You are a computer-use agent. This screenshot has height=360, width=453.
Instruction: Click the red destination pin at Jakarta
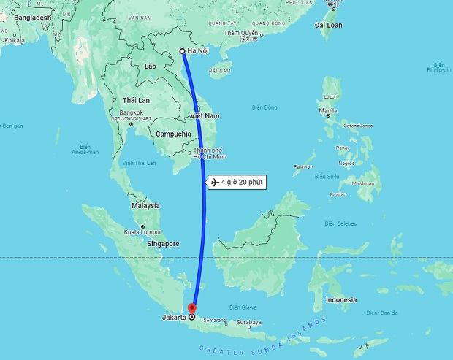tap(191, 308)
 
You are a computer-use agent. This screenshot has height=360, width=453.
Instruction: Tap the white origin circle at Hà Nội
tap(182, 51)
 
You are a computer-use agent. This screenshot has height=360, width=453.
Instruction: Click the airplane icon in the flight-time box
tap(214, 183)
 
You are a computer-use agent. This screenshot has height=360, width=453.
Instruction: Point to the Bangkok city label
tap(132, 112)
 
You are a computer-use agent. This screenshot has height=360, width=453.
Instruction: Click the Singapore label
tap(162, 244)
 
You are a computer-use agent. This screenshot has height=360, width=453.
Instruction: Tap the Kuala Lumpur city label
tap(142, 232)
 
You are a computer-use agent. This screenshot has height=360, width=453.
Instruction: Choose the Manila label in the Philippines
tap(327, 110)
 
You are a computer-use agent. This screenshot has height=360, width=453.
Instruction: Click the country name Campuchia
tap(173, 134)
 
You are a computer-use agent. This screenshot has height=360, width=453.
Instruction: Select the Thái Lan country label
tap(136, 100)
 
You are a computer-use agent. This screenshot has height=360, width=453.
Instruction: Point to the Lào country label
tap(151, 66)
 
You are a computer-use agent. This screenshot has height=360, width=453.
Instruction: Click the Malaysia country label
tap(145, 206)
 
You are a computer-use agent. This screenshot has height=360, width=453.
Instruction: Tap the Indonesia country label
tap(341, 300)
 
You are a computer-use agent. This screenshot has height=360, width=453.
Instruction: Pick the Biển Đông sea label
tap(264, 107)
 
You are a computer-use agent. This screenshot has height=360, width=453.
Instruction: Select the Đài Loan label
tap(329, 25)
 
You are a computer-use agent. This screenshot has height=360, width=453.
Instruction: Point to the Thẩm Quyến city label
tap(241, 33)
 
